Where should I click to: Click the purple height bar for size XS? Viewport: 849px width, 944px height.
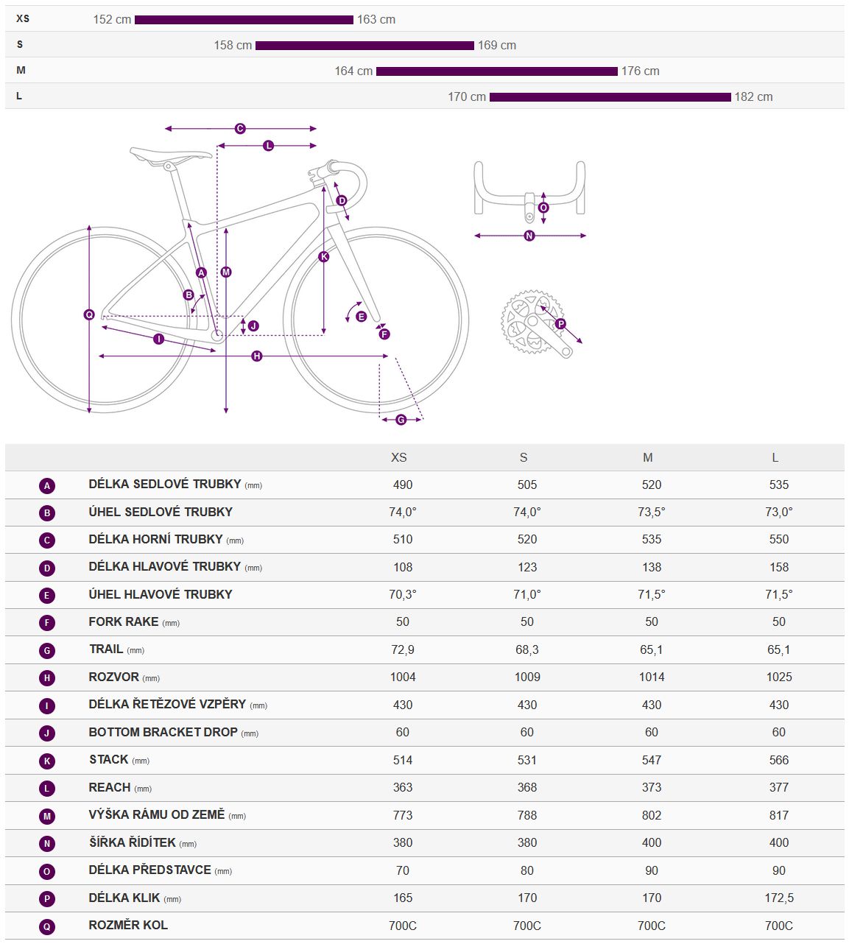tap(244, 20)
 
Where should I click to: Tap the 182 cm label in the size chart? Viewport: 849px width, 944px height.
tap(753, 97)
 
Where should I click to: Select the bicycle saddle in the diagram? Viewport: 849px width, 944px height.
tap(170, 155)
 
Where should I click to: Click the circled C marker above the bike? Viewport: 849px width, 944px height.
tap(240, 129)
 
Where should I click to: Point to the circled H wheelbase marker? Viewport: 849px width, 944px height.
tap(256, 356)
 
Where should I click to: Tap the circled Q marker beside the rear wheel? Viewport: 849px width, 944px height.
tap(89, 315)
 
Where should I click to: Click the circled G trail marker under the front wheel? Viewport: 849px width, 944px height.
tap(401, 420)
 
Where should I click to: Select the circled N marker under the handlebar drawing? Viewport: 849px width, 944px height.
tap(529, 236)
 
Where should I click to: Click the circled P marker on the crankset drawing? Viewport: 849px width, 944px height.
tap(560, 324)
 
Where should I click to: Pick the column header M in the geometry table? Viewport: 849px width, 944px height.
tap(648, 458)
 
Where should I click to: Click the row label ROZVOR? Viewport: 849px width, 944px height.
tap(114, 677)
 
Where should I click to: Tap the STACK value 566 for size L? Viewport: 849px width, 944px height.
tap(778, 760)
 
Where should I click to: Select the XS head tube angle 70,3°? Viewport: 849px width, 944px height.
tap(403, 594)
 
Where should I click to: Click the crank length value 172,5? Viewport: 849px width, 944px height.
tap(778, 898)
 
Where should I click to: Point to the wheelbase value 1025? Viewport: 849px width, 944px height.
tap(778, 677)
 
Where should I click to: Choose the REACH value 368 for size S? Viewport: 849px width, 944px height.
tap(527, 787)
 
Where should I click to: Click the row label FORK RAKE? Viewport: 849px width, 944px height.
tap(124, 621)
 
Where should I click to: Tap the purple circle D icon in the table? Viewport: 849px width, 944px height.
tap(47, 568)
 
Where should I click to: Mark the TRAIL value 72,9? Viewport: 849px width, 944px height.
tap(403, 649)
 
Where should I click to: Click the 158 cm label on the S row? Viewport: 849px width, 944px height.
tap(233, 46)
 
